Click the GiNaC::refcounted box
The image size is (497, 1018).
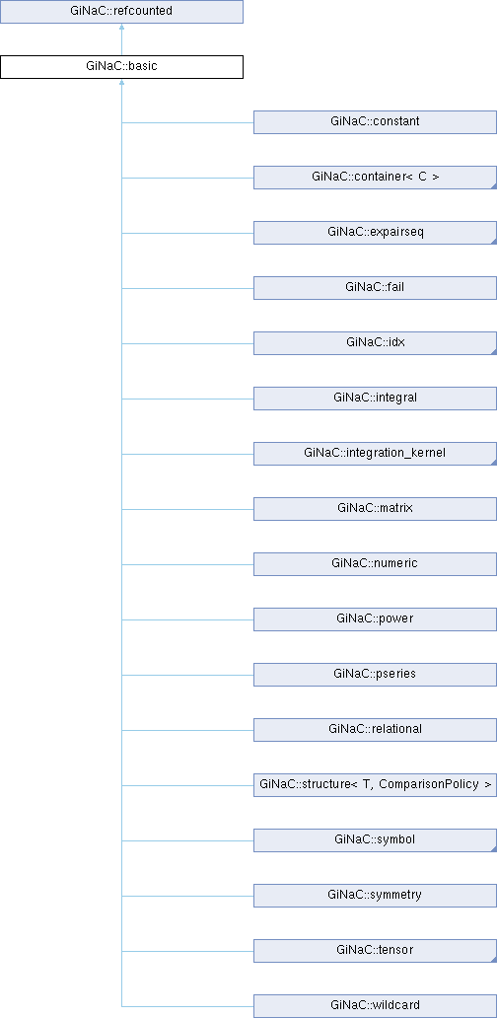(121, 12)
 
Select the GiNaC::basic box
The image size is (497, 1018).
(121, 67)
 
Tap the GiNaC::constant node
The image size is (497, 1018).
(375, 122)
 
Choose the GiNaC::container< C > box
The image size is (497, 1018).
(375, 178)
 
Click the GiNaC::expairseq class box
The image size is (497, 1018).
(375, 233)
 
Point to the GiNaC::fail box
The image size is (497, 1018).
(375, 288)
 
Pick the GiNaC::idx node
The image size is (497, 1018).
(375, 343)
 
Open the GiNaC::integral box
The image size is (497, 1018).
(375, 398)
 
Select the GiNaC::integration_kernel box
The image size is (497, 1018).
(375, 453)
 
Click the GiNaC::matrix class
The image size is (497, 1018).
(375, 508)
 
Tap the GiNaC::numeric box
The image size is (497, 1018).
(375, 563)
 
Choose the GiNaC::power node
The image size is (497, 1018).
(375, 618)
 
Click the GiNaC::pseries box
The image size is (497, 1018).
(375, 674)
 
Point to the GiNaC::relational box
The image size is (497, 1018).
(375, 729)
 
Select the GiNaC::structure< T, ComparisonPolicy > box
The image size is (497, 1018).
(375, 784)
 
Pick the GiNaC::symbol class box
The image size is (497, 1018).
(375, 839)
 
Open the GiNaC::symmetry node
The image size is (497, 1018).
(375, 895)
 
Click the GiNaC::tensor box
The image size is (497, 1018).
(375, 950)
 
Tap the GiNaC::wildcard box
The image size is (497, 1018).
(375, 1005)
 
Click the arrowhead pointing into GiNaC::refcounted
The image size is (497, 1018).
(121, 28)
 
